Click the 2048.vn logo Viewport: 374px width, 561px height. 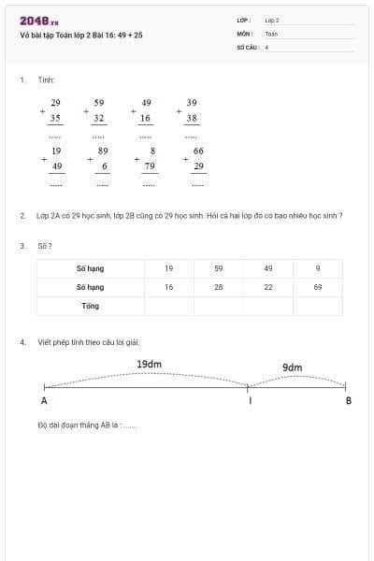[39, 21]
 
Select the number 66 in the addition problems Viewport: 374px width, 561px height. [198, 150]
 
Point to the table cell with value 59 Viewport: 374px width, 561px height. [218, 268]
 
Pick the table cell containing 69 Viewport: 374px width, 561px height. [318, 287]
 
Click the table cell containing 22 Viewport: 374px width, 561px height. [268, 287]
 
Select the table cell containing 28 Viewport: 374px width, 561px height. [218, 287]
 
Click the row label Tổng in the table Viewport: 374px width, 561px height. [90, 306]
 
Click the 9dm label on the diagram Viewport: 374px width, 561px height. [293, 367]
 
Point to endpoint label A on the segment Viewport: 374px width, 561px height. [44, 401]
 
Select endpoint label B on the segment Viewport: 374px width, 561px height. [348, 401]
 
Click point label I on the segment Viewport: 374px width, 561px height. [250, 401]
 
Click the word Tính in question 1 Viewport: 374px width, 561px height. [46, 80]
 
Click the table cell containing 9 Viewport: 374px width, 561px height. [318, 268]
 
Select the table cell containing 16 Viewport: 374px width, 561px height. [168, 287]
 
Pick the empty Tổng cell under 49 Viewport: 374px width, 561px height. [268, 306]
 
